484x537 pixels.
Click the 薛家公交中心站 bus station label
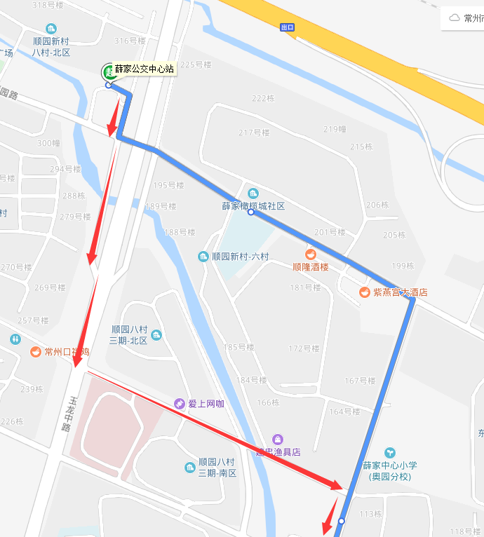click(144, 69)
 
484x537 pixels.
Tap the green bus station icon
click(109, 71)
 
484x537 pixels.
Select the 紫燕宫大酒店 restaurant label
click(400, 292)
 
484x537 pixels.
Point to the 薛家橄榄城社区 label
click(253, 206)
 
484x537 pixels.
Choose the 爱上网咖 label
click(206, 404)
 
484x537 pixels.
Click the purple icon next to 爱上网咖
click(180, 404)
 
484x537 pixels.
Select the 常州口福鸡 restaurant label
click(67, 352)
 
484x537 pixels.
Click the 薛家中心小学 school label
click(390, 465)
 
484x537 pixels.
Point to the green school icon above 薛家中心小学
click(390, 453)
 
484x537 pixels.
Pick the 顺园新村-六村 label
click(240, 257)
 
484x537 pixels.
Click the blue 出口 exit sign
click(286, 27)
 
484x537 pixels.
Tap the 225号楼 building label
click(196, 65)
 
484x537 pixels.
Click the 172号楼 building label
click(304, 348)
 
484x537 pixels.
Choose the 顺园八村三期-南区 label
click(217, 468)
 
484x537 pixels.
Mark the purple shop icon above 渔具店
click(278, 440)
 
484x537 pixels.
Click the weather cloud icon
click(455, 18)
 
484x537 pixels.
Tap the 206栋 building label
click(377, 205)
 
